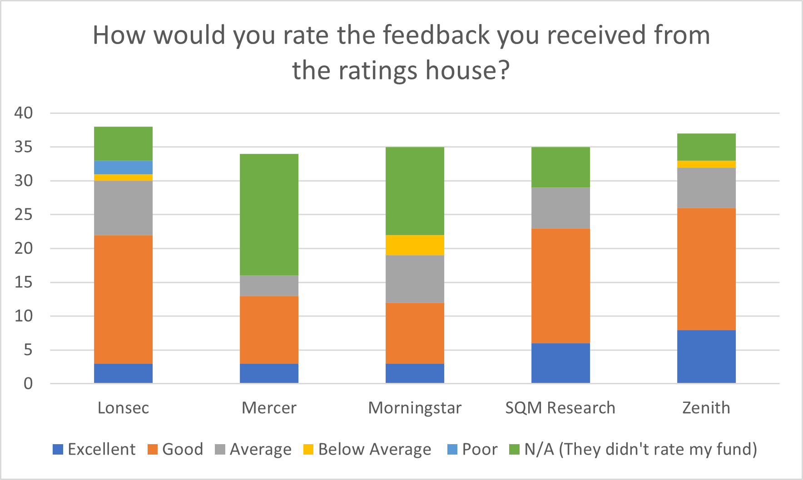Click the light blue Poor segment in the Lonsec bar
[123, 167]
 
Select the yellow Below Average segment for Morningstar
[415, 245]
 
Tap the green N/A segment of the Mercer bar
[269, 215]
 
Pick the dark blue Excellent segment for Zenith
[706, 357]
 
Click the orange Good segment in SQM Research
[560, 286]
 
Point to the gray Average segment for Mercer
[269, 286]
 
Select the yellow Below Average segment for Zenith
[706, 164]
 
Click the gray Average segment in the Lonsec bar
[123, 208]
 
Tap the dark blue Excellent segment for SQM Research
[560, 363]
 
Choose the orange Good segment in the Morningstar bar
[415, 333]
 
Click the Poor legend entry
[472, 449]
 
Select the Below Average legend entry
[367, 449]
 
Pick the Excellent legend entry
[94, 449]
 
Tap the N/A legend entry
[633, 449]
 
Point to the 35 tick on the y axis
[24, 147]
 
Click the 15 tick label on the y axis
[24, 282]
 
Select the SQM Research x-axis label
[560, 408]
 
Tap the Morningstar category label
[415, 408]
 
